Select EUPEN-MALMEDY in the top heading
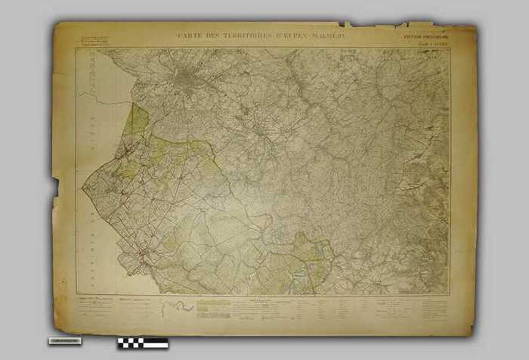point(308,35)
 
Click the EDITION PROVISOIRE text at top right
point(425,36)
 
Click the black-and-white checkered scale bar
point(143,343)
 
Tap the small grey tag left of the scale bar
point(67,341)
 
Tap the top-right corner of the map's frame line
point(450,49)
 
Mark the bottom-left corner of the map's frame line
point(76,295)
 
